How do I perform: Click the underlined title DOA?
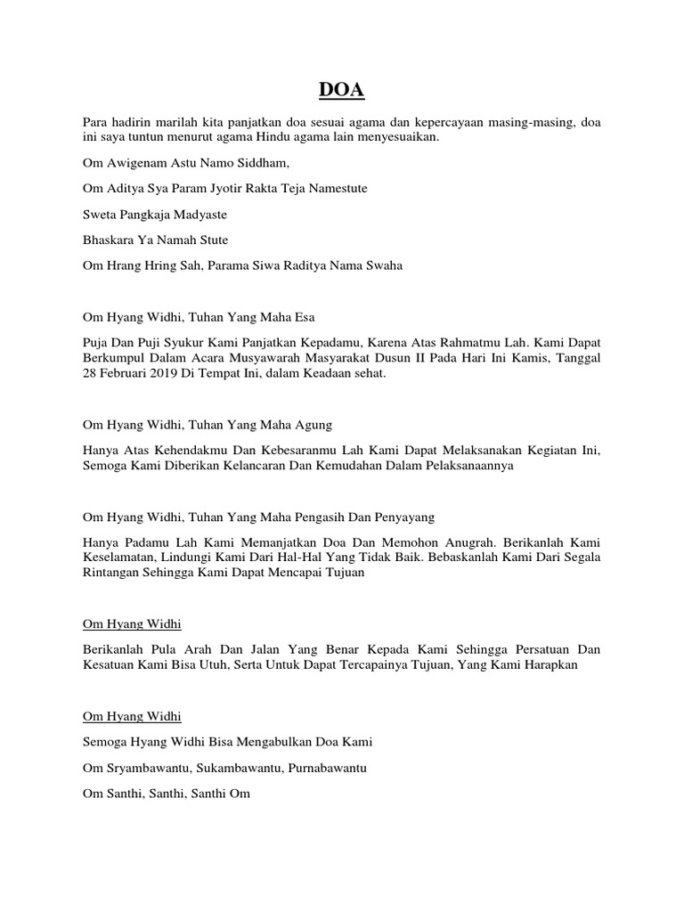[x=342, y=91]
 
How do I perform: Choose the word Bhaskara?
[x=111, y=240]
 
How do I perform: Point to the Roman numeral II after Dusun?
[x=429, y=358]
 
